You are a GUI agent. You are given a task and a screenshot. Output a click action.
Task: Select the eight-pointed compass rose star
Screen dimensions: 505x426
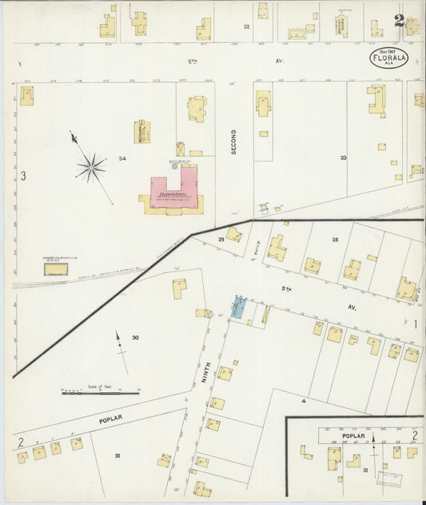coord(91,167)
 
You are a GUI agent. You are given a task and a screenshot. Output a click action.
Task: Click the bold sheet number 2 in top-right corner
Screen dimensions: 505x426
coord(398,22)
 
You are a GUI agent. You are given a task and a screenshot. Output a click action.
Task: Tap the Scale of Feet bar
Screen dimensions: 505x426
coord(101,392)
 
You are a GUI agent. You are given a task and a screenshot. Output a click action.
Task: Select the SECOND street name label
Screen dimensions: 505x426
coord(234,141)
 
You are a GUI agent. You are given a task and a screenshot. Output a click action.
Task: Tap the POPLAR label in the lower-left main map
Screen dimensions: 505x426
coord(109,419)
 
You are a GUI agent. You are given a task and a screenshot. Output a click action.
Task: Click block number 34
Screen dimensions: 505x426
coord(122,159)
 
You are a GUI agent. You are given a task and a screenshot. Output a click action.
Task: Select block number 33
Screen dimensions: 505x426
coord(343,158)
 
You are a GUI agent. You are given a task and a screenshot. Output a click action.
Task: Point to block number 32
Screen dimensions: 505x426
coord(246,26)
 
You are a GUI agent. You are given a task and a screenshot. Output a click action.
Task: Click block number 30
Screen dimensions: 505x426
coord(135,338)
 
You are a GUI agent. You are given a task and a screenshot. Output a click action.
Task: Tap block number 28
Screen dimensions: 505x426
coord(335,239)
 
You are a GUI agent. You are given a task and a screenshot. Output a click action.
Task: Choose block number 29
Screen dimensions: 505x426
coord(221,239)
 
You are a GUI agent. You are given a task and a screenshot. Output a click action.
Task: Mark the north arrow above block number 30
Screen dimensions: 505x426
coord(118,342)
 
